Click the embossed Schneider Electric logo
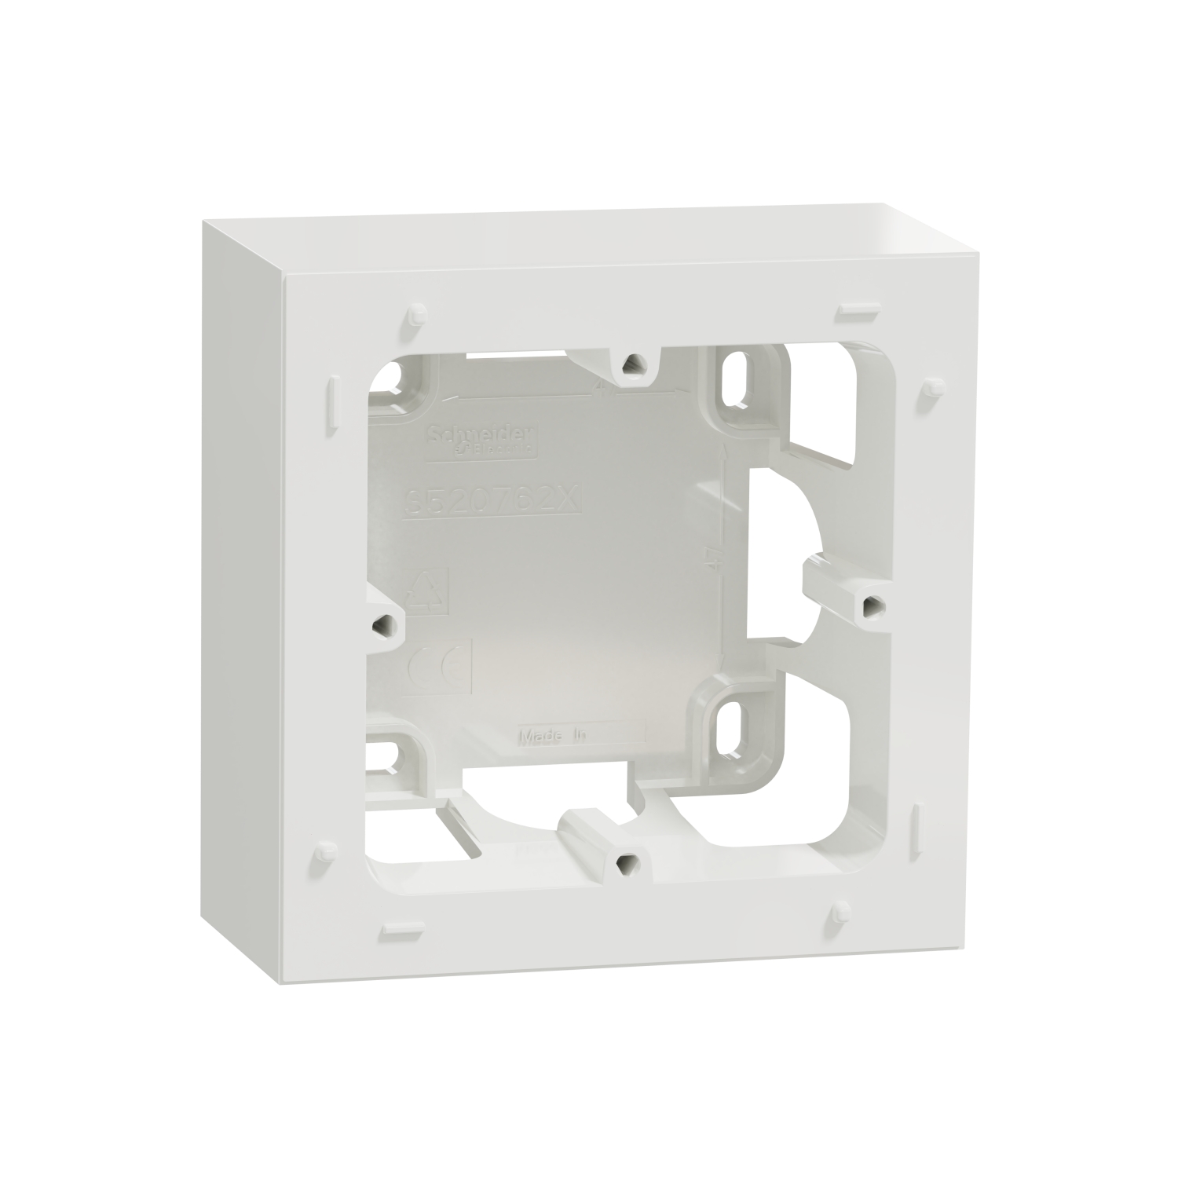(x=480, y=439)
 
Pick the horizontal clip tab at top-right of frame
(x=855, y=310)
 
